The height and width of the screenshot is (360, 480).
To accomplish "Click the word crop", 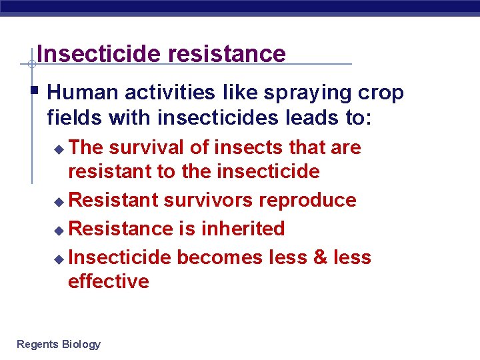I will click(381, 94).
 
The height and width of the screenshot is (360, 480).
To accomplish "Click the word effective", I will click(108, 281).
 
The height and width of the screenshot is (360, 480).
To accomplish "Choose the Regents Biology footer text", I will click(59, 344).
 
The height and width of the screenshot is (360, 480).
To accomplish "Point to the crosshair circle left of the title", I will click(31, 65).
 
